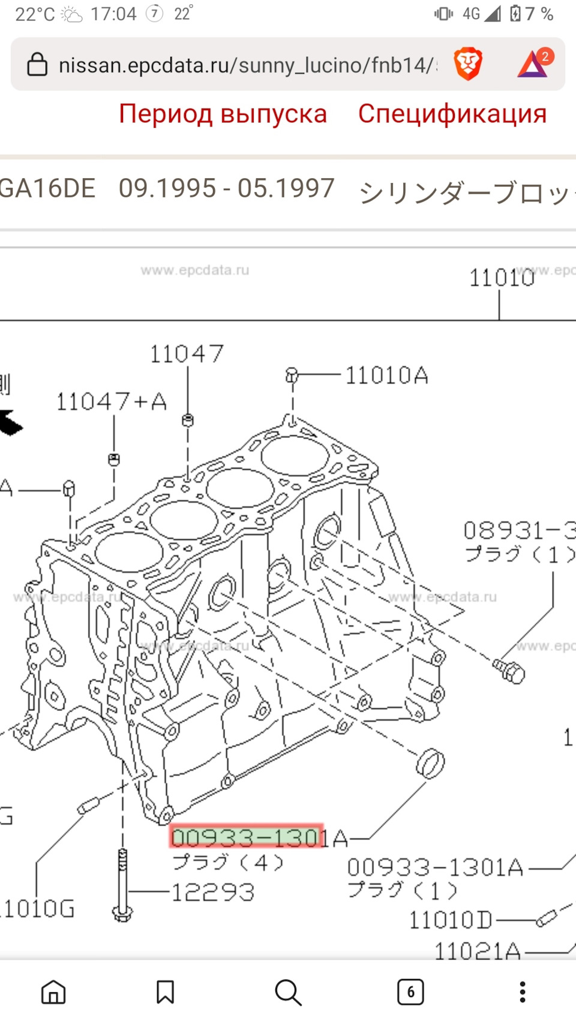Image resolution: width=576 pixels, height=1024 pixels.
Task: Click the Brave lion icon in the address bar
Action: pos(467,64)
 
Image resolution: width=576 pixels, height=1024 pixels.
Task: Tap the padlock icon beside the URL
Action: pos(37,64)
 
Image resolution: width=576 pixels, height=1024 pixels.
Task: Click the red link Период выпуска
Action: pos(223,114)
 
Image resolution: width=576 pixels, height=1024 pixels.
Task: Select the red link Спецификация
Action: pos(452,114)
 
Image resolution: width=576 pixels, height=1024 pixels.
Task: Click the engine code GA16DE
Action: pos(47,189)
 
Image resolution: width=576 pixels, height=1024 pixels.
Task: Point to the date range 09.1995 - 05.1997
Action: pos(226,189)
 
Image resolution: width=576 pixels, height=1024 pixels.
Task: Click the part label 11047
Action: pos(187,354)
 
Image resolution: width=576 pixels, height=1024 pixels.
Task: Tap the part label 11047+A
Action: pos(111,402)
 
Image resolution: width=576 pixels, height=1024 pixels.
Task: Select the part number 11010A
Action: pos(386,376)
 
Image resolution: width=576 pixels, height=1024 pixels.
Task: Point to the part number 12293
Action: pos(213,893)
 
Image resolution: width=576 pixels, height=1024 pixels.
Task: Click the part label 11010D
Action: pos(450,920)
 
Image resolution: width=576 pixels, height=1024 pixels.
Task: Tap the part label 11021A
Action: pos(477,951)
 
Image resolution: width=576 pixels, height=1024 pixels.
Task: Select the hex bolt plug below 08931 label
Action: pos(509,671)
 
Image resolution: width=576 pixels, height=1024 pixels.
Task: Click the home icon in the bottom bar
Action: pos(53,992)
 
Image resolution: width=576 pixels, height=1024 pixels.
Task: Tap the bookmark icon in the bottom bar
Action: pos(165,992)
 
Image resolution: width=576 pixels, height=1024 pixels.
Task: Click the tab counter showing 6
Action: pos(410,992)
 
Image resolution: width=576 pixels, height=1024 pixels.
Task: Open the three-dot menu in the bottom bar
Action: pos(523,992)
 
